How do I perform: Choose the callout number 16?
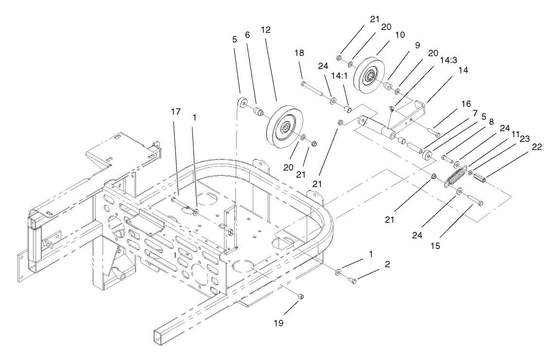coord(466,104)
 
